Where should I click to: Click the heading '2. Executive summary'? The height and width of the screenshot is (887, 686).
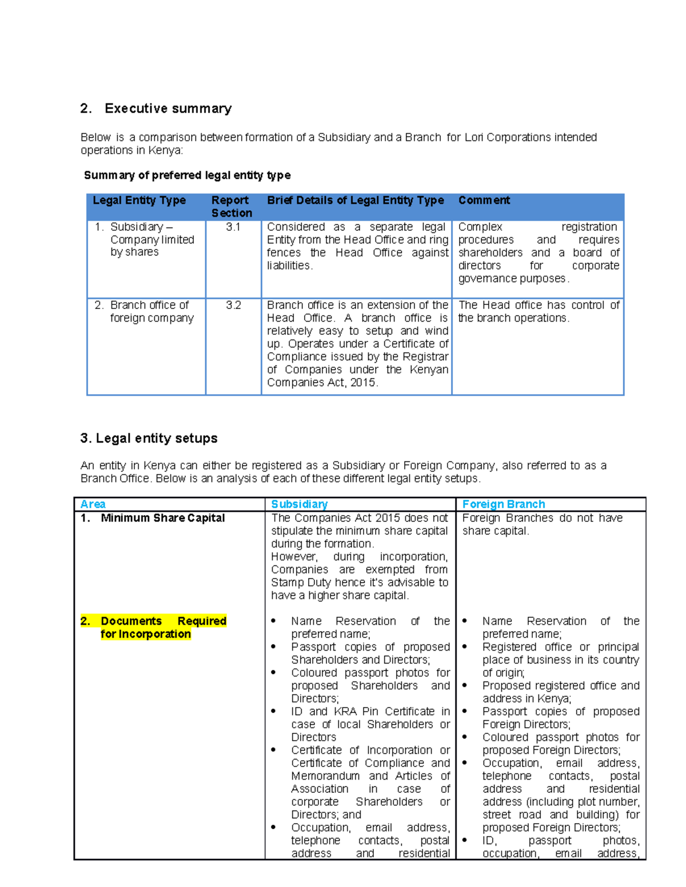[156, 109]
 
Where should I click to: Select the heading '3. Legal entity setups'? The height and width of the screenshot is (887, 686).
[149, 438]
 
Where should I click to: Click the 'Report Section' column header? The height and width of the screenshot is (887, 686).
[232, 206]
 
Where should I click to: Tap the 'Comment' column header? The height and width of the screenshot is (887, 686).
[484, 200]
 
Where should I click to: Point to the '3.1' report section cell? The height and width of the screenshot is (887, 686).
[233, 227]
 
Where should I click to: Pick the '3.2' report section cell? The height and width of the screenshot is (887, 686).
[233, 305]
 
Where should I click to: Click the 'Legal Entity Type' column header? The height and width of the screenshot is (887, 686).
[139, 200]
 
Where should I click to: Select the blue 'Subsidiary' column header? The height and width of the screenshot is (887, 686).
[299, 504]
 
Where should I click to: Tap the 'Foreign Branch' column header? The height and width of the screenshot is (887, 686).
[503, 504]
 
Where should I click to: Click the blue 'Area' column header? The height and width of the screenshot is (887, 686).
[93, 504]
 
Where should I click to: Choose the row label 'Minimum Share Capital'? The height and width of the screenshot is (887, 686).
[162, 518]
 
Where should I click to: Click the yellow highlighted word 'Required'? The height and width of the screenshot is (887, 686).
[202, 621]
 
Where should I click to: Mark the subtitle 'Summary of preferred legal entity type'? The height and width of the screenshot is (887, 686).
[187, 175]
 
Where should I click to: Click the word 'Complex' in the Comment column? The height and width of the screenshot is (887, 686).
[480, 227]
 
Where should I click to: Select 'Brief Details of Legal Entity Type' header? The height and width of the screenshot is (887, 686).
[355, 200]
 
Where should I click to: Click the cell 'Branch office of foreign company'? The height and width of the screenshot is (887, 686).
[151, 311]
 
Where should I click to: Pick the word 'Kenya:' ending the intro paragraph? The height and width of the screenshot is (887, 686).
[166, 150]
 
